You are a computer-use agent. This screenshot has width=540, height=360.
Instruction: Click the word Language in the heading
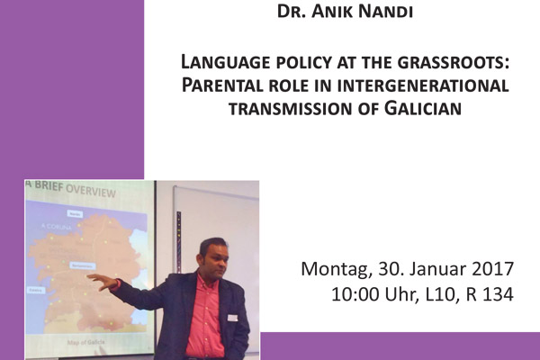(222, 65)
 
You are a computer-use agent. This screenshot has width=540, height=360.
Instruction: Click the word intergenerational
(422, 86)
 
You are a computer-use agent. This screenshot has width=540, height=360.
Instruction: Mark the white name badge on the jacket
(231, 318)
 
